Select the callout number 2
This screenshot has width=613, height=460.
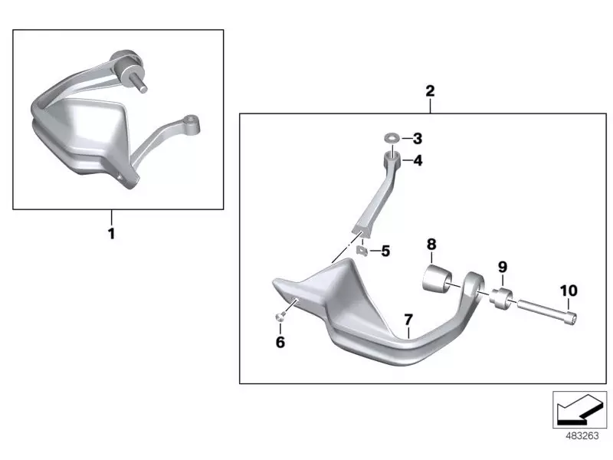tap(430, 91)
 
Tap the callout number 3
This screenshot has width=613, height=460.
tap(417, 139)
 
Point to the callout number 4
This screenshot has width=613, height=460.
tap(417, 161)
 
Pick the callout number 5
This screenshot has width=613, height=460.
tap(385, 251)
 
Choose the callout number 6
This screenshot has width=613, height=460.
tap(280, 342)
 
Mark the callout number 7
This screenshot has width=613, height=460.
tap(408, 319)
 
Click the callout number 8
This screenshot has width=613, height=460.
tap(431, 244)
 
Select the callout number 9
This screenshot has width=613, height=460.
tap(503, 267)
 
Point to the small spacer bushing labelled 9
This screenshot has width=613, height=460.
tap(501, 298)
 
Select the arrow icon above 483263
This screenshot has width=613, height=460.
tap(579, 409)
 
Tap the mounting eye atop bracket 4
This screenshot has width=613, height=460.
tap(392, 158)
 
